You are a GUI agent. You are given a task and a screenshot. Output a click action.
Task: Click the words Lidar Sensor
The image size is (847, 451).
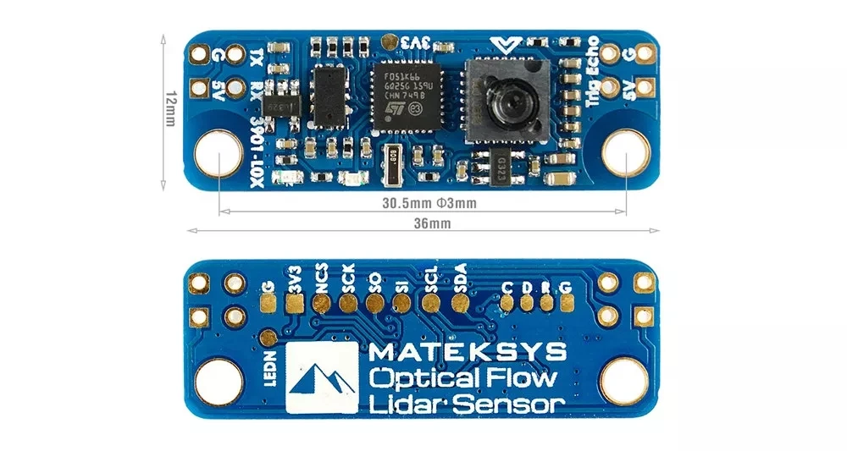click(468, 404)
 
